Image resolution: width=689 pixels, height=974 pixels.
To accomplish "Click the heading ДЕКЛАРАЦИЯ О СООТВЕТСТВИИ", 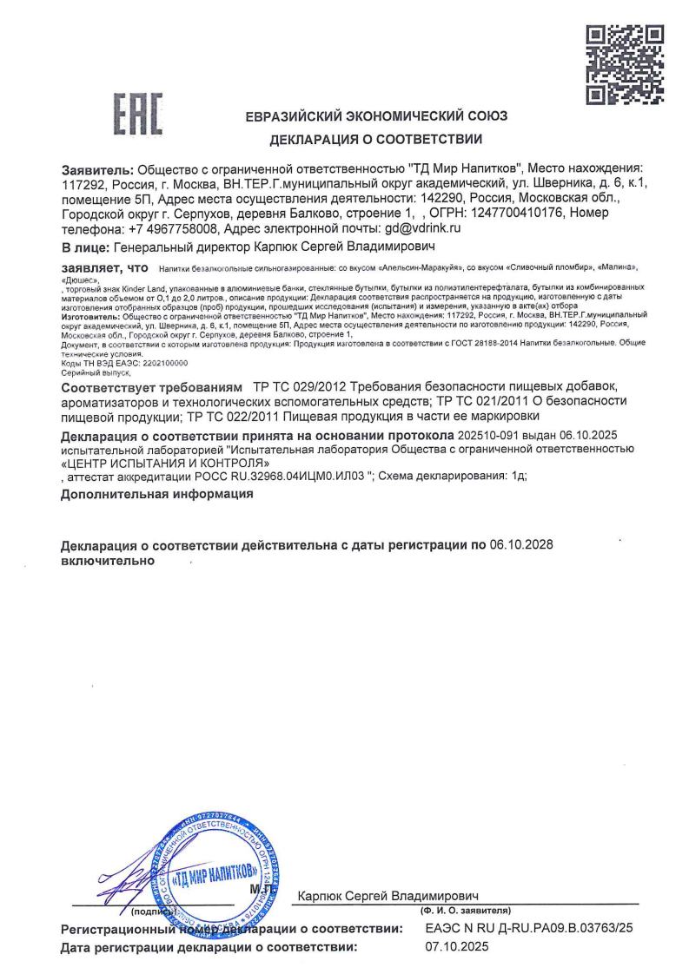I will click(376, 139).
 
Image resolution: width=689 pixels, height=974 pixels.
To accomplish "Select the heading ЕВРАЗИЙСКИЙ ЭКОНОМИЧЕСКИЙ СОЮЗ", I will click(376, 116).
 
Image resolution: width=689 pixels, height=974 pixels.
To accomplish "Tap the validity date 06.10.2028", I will click(521, 545).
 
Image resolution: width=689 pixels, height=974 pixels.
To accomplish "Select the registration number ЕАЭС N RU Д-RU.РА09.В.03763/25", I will click(529, 929).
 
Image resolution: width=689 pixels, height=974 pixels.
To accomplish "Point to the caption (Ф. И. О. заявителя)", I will click(466, 910).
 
